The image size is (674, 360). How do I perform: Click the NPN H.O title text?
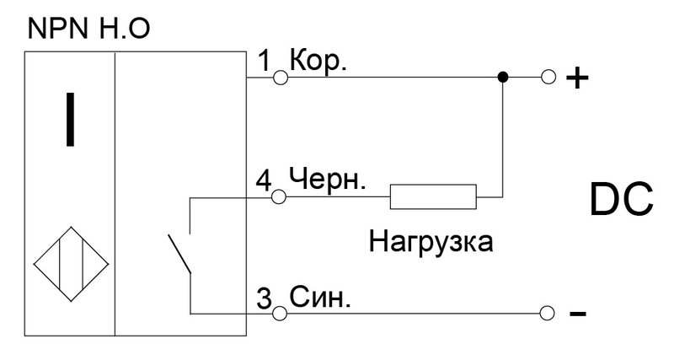coord(89,29)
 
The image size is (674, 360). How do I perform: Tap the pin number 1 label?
coord(265,61)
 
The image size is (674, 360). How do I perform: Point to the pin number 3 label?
coord(265,298)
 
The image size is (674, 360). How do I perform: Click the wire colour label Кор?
coord(318,61)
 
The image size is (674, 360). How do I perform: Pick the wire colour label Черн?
coord(328,180)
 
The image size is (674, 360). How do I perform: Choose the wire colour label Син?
coord(320,298)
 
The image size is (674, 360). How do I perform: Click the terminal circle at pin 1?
coord(281,78)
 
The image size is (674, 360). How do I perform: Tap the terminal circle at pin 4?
coord(279,197)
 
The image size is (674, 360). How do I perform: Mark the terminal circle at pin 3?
coord(280,313)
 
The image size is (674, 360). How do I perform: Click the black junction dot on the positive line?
coord(502,78)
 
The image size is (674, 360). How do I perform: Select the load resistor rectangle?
coord(433,196)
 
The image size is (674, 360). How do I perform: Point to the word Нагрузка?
coord(431,242)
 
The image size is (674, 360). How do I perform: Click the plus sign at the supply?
coord(577,78)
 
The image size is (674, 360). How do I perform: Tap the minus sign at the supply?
coord(578,314)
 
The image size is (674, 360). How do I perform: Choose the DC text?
coord(622,200)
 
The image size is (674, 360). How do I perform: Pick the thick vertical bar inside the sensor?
coord(70,119)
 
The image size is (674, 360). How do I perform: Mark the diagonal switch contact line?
coord(179,254)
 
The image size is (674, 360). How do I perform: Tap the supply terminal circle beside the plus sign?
coord(548,78)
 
